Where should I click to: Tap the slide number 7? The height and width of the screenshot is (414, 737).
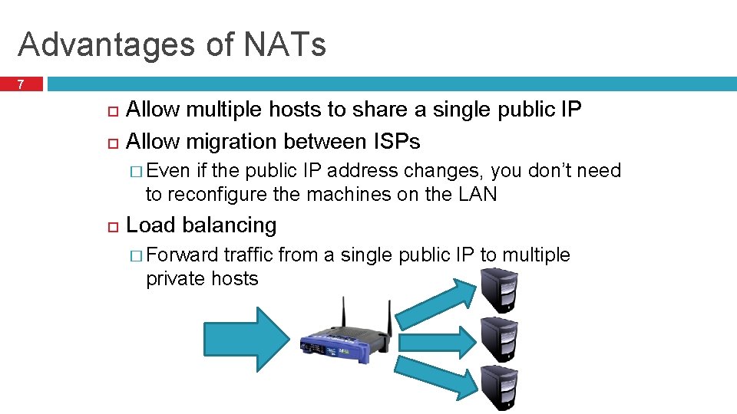coord(21,84)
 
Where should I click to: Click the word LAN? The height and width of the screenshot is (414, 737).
coord(478,195)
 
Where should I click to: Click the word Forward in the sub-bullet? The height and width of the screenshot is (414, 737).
coord(182,255)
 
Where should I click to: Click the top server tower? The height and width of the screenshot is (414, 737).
coord(500,290)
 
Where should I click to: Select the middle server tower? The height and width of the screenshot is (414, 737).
coord(500,338)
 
